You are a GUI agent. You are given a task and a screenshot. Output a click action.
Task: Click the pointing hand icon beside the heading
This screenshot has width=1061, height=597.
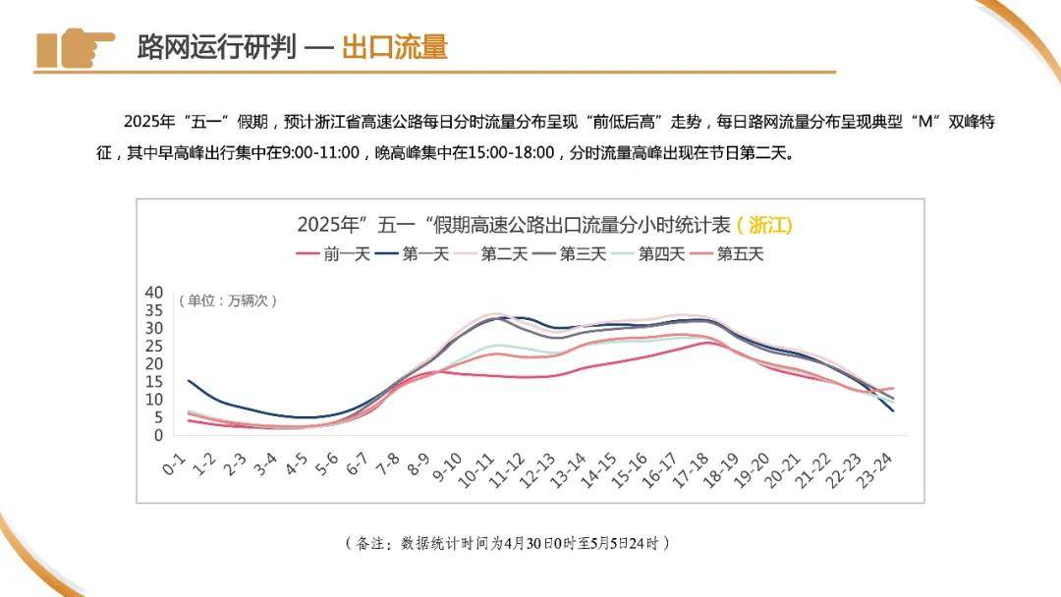[x=76, y=48]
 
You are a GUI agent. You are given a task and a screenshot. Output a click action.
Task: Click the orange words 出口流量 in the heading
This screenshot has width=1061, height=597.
[x=394, y=47]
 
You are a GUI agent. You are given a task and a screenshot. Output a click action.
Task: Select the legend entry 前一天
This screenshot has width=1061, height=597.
[x=333, y=254]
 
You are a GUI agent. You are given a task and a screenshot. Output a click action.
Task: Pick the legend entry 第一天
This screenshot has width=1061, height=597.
[x=412, y=254]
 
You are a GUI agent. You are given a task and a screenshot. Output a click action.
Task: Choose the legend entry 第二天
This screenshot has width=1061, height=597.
[x=490, y=254]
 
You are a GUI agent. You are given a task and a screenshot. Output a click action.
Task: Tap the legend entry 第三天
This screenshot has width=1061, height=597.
[x=569, y=254]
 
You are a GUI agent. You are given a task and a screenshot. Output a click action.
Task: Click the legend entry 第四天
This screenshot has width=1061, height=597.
[x=647, y=254]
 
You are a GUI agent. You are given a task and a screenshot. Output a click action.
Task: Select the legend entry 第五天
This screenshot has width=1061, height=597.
[x=726, y=254]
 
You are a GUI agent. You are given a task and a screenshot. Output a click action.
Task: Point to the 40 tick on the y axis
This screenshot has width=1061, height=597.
[x=152, y=293]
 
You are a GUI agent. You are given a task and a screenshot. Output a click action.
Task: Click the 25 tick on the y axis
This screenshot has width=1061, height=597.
[x=152, y=346]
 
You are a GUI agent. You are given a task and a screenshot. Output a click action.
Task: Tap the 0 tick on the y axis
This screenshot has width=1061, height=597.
[x=156, y=435]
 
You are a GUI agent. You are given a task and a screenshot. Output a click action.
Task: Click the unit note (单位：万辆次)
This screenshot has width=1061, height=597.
[x=228, y=300]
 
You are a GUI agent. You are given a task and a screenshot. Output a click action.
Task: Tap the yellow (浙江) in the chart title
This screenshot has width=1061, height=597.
[x=763, y=225]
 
